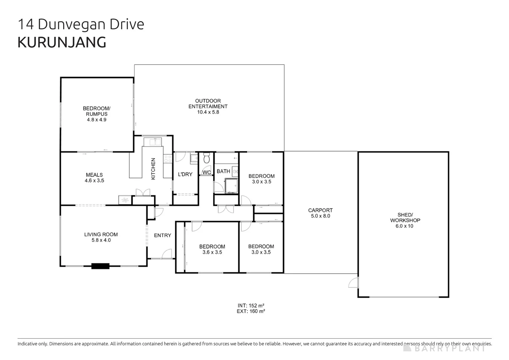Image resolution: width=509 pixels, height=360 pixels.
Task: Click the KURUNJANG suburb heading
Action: [x=62, y=42]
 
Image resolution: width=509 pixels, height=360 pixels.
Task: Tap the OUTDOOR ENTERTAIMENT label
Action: [x=208, y=103]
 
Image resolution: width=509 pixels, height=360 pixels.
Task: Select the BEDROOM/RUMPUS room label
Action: [x=97, y=111]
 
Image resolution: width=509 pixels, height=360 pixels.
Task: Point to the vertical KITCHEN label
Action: [x=153, y=169]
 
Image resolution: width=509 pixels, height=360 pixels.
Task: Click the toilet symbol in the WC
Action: [x=206, y=158]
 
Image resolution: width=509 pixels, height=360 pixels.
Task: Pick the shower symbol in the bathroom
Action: [x=231, y=186]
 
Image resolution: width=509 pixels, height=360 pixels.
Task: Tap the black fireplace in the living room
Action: [x=100, y=266]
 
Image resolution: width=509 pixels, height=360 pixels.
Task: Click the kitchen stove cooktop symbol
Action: [x=168, y=159]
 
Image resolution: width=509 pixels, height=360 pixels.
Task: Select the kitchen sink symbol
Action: [x=153, y=142]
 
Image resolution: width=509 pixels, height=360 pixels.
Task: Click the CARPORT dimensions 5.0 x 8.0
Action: [x=320, y=216]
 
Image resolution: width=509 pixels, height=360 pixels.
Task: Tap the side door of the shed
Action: [x=353, y=282]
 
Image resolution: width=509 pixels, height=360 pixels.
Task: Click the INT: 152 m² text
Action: [x=251, y=305]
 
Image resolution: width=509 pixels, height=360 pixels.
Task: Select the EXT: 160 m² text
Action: [x=251, y=311]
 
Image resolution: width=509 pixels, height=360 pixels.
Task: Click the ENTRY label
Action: [x=163, y=235]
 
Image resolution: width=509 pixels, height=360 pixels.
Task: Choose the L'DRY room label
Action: [x=185, y=174]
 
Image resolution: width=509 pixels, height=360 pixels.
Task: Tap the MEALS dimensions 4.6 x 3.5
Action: [x=94, y=181]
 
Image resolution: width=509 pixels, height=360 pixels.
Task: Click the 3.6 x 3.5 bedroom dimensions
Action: [x=212, y=252]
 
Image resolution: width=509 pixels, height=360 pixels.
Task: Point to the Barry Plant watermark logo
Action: [x=444, y=348]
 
